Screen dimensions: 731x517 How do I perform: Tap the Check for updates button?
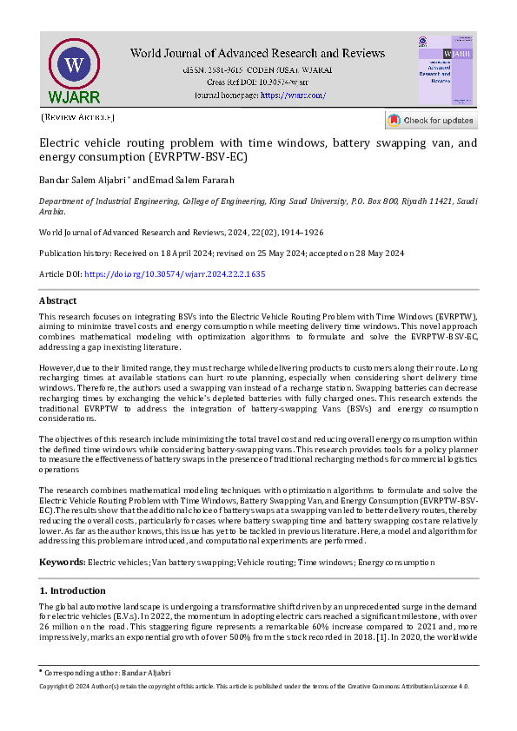tap(431, 120)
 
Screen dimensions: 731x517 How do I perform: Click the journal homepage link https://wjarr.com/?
tap(293, 95)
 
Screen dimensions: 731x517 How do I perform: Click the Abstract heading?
tap(58, 300)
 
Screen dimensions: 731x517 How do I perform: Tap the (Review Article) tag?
tap(77, 116)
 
